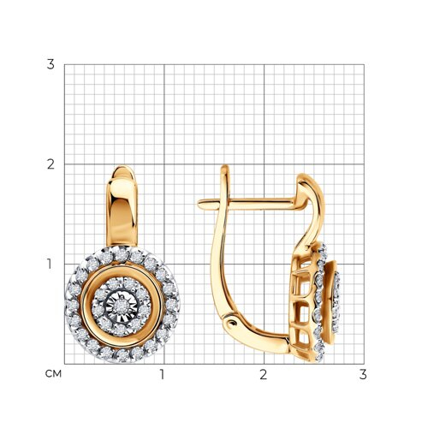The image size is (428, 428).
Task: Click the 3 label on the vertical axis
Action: pos(51,65)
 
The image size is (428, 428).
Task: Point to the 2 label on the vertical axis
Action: pos(51,164)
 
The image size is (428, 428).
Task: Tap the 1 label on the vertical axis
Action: pos(50,265)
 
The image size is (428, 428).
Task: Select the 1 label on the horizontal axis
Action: pos(163,374)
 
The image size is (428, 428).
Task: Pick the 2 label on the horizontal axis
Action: pos(264,374)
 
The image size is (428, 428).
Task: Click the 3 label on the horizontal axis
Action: pos(363,374)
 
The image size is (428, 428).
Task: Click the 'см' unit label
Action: pos(53,374)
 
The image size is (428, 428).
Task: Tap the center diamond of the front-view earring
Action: pos(119,306)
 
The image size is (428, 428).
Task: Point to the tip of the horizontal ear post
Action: pos(199,204)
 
